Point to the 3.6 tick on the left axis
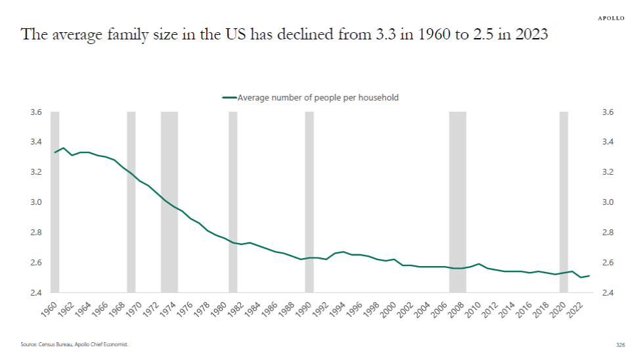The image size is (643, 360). click(x=35, y=112)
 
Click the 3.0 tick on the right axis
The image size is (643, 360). click(x=608, y=202)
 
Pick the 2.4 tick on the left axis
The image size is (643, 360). click(x=35, y=292)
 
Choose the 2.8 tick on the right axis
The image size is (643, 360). click(x=608, y=233)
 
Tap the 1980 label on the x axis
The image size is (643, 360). click(x=219, y=310)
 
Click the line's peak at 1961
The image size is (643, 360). click(x=63, y=148)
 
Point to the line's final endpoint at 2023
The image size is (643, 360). click(x=589, y=276)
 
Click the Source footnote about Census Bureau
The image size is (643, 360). click(x=74, y=344)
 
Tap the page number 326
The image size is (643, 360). click(x=620, y=344)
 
